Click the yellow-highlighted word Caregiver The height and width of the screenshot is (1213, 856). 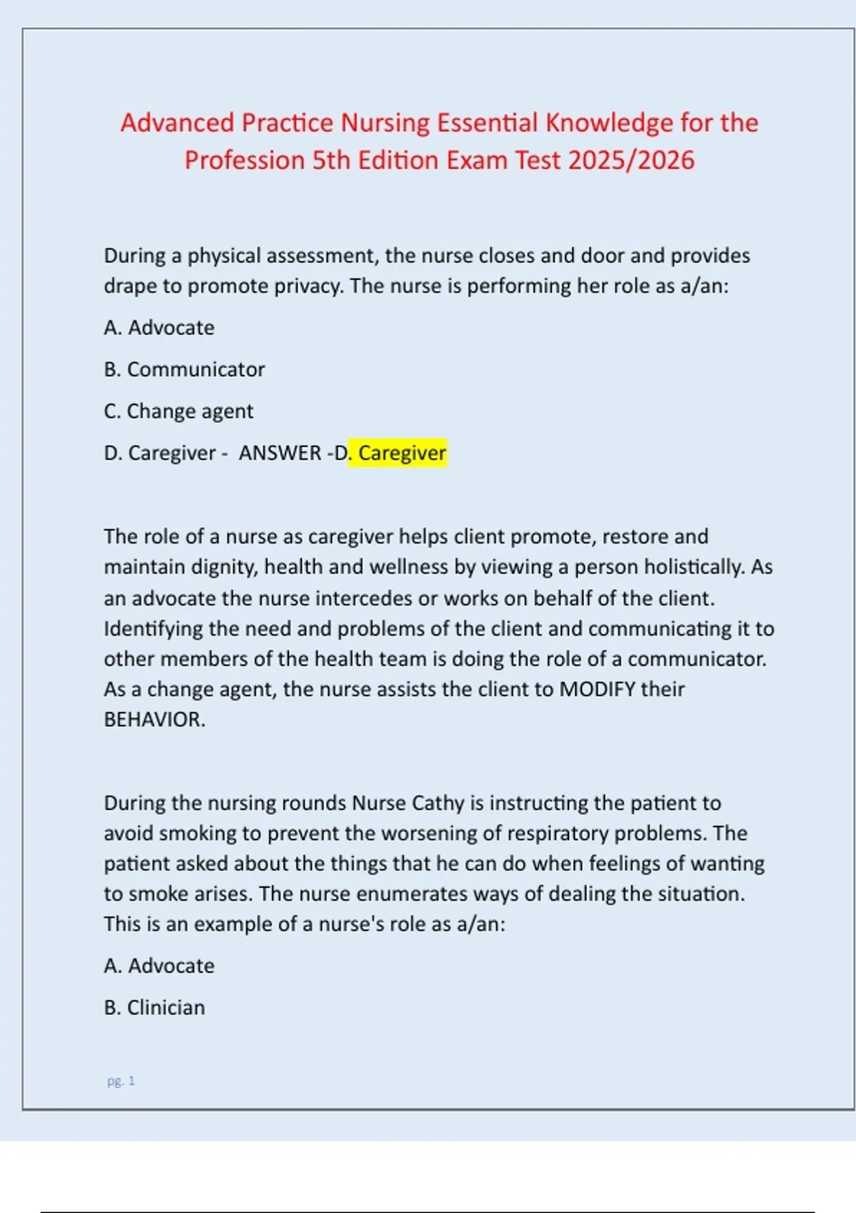[x=402, y=453]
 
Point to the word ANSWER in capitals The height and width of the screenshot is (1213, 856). [x=280, y=453]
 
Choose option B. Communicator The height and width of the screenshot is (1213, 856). [x=184, y=370]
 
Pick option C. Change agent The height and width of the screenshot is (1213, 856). [x=178, y=411]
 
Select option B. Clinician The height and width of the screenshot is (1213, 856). [x=154, y=1008]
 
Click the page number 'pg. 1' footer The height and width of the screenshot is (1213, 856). [x=121, y=1081]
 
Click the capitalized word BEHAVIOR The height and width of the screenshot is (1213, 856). [x=154, y=719]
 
